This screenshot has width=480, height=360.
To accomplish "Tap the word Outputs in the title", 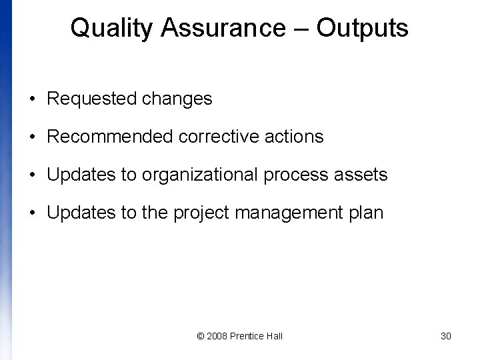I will pos(362,29).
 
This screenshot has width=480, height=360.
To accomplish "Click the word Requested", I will pos(92,99).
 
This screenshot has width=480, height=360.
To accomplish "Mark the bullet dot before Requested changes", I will pos(32,100).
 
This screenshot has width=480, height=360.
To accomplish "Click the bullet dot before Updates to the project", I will pos(32,214).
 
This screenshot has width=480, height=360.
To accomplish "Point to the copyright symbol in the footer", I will pos(201,336).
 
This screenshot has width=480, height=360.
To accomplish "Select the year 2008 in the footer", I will pos(217,336).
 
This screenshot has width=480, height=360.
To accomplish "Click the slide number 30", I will pos(446,336).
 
